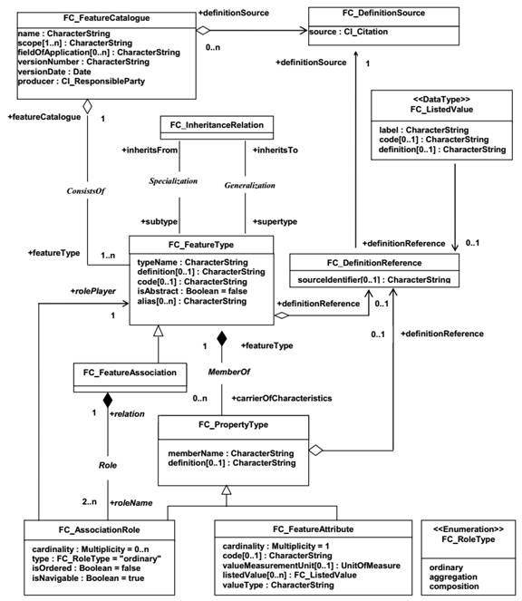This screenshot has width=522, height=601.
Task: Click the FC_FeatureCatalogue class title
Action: tap(107, 18)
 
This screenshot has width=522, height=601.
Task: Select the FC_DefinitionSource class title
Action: tap(383, 13)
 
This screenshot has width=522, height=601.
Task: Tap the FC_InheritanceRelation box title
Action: tap(217, 125)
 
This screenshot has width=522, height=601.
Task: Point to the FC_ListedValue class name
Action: tap(441, 110)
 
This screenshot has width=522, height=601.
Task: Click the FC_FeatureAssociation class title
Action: tap(130, 373)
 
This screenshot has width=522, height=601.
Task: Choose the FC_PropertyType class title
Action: tap(234, 424)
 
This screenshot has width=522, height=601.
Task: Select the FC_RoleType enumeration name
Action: tap(468, 539)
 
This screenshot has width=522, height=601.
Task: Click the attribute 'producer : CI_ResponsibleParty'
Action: tap(82, 82)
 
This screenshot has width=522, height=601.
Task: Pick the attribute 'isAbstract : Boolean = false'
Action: tap(192, 291)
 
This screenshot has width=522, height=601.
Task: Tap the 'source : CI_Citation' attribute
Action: tap(348, 32)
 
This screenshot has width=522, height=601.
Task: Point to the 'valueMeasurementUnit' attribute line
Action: tap(311, 566)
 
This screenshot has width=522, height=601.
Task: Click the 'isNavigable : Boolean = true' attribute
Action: tap(88, 578)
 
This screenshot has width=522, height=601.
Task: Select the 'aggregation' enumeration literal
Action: tap(453, 577)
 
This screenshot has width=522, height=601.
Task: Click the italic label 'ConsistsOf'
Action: tap(86, 191)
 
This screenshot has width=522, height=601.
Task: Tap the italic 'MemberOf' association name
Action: tap(229, 372)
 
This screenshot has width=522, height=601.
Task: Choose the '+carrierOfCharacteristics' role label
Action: tap(282, 398)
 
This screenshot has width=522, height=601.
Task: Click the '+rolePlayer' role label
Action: tap(93, 291)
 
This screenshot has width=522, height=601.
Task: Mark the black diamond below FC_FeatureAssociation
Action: tap(108, 400)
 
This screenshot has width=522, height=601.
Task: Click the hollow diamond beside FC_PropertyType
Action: tap(315, 450)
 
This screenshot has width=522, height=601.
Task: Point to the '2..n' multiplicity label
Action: tap(90, 501)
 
